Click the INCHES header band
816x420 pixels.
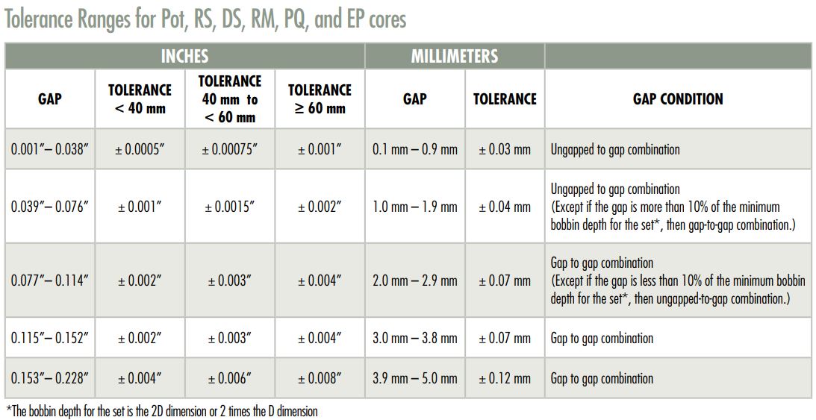click(x=184, y=57)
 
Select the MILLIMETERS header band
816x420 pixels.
click(x=454, y=57)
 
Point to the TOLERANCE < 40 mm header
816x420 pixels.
click(x=140, y=99)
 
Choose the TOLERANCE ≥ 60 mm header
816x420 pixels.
click(x=320, y=99)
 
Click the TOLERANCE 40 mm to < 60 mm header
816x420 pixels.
click(x=229, y=99)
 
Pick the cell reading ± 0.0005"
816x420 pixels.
click(x=140, y=149)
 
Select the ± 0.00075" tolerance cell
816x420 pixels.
click(x=229, y=149)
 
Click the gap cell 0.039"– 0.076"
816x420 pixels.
click(x=50, y=207)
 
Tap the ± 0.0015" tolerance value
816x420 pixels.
click(x=229, y=207)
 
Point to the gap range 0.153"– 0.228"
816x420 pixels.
click(x=50, y=378)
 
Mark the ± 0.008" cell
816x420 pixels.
click(x=320, y=378)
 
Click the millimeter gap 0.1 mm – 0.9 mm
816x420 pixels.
click(x=414, y=149)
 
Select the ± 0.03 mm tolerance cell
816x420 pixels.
click(x=505, y=149)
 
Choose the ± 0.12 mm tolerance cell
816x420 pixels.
click(x=505, y=378)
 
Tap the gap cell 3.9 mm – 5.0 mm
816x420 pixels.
click(x=414, y=378)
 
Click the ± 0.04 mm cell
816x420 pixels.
click(x=505, y=207)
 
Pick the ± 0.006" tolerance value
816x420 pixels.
click(x=229, y=378)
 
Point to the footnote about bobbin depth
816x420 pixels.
click(x=161, y=411)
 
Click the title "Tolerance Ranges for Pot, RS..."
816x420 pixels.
click(x=205, y=19)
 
